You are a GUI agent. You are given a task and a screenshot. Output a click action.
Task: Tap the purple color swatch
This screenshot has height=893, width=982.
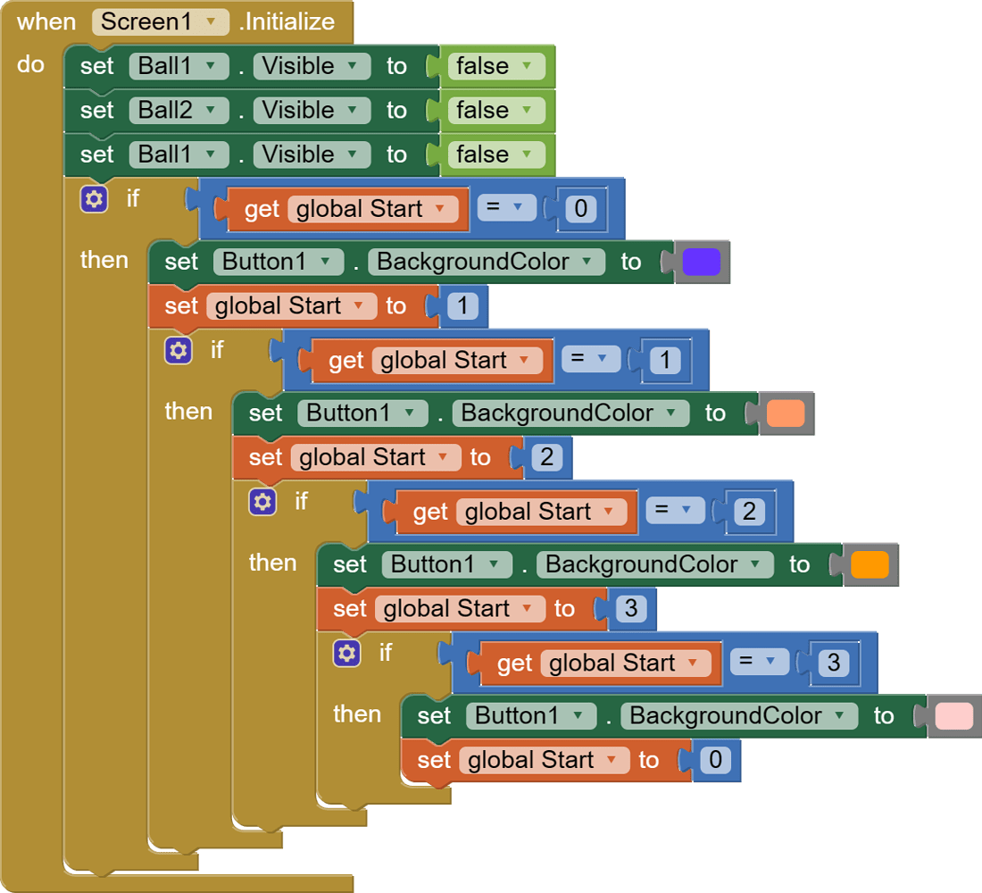pyautogui.click(x=701, y=262)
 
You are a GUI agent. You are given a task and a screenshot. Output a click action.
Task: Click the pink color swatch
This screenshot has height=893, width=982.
pyautogui.click(x=953, y=716)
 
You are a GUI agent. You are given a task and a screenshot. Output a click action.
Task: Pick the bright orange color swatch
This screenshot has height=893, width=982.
pyautogui.click(x=870, y=564)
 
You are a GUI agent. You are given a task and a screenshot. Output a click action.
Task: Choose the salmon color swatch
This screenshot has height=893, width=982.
pyautogui.click(x=786, y=413)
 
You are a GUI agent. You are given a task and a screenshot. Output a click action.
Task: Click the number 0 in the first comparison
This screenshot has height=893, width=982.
pyautogui.click(x=581, y=209)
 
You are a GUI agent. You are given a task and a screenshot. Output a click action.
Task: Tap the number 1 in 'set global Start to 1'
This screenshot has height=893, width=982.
pyautogui.click(x=462, y=306)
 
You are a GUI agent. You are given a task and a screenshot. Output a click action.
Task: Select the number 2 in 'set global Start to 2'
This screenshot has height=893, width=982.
pyautogui.click(x=546, y=458)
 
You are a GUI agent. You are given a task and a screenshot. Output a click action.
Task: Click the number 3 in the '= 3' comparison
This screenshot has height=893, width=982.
pyautogui.click(x=834, y=663)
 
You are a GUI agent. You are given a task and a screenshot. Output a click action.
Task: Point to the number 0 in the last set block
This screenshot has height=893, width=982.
pyautogui.click(x=714, y=761)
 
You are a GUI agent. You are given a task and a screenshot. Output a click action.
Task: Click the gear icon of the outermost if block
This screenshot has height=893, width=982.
pyautogui.click(x=94, y=198)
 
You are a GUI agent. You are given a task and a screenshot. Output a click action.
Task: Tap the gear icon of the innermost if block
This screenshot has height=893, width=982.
pyautogui.click(x=346, y=653)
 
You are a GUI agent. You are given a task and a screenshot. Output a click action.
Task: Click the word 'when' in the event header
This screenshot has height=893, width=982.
pyautogui.click(x=46, y=22)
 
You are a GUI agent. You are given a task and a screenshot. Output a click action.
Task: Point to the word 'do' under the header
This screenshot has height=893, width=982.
pyautogui.click(x=30, y=64)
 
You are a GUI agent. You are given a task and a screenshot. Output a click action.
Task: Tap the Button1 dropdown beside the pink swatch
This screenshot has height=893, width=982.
pyautogui.click(x=530, y=716)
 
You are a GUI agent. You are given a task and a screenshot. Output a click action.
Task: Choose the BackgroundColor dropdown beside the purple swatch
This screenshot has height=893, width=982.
pyautogui.click(x=485, y=262)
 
